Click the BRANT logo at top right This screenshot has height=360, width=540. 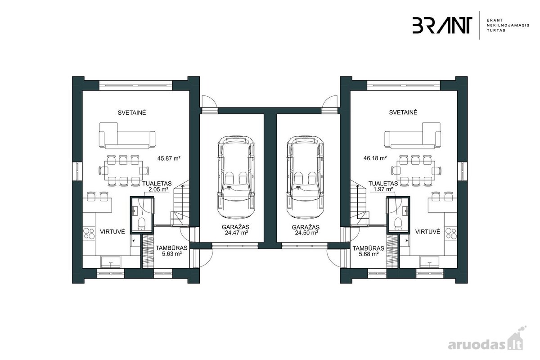pos(442,25)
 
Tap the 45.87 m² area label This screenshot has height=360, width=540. pos(169,158)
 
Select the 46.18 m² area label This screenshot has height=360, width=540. pos(375,158)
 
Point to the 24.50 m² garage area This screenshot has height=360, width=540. pos(306,233)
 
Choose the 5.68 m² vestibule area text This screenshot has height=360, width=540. pos(369,254)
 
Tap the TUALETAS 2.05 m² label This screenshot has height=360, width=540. pos(157,186)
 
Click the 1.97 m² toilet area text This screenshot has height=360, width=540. pos(383,189)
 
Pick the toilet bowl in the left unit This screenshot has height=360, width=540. pos(141,224)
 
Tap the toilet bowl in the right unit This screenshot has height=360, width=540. pos(398,224)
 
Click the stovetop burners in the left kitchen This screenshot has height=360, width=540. pos(89,234)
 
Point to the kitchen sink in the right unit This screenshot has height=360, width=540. pos(429,261)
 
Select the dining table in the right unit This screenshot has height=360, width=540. pos(416,171)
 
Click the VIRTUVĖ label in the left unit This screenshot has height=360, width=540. pos(112,232)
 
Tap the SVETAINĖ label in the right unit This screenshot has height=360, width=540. pos(403,112)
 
